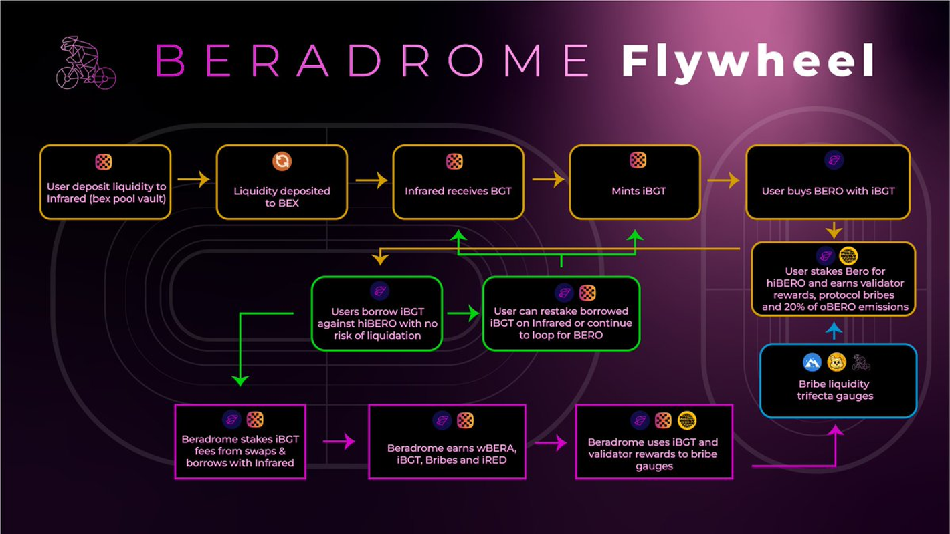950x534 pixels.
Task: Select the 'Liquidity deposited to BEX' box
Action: coord(282,182)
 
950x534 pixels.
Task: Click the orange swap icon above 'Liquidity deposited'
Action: coord(282,161)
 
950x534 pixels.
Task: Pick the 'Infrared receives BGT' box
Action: coord(458,182)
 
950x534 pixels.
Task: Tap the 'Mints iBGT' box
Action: coord(635,182)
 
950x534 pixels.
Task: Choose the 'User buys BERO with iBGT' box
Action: coord(828,182)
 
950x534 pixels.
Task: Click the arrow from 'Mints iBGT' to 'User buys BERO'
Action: coord(723,180)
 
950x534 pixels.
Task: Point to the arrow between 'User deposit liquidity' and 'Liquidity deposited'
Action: coord(193,179)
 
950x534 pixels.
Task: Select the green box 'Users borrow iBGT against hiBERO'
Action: coord(377,313)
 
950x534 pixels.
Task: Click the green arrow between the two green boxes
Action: coord(463,313)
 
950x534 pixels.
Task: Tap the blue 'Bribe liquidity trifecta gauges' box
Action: coord(838,381)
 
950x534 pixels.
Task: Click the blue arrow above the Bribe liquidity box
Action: coord(834,330)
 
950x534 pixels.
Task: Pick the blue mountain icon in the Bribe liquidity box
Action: coord(812,362)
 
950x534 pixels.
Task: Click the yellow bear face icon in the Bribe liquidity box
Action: coord(836,362)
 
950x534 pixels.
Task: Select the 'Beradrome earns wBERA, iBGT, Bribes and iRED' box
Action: coord(447,442)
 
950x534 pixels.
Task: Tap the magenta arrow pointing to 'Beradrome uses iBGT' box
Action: coord(551,442)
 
